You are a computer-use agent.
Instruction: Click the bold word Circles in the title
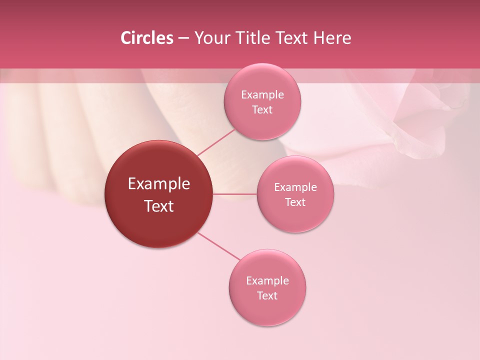147,38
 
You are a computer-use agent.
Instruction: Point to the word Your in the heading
211,38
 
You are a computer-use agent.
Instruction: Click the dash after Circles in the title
183,38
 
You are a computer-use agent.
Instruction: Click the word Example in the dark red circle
159,184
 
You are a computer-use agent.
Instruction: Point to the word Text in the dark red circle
159,206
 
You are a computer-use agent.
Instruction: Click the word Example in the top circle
262,94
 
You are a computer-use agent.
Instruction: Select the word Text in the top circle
262,109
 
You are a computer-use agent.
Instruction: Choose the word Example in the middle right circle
295,187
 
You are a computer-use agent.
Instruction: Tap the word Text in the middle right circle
295,202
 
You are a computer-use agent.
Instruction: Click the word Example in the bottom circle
267,280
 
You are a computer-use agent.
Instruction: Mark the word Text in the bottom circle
267,295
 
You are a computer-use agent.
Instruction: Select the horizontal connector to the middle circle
235,194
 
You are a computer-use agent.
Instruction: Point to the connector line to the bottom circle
218,246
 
